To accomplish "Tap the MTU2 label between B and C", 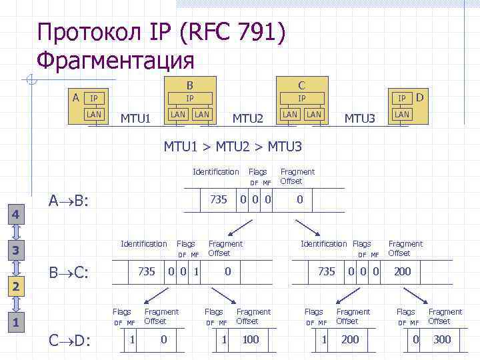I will (x=248, y=119).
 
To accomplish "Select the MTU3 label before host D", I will (x=360, y=119).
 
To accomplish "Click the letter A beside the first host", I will (x=76, y=97).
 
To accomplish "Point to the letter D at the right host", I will (x=420, y=97).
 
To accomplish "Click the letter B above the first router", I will (x=189, y=85).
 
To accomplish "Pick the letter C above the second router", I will (x=301, y=85).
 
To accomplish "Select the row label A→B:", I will (x=70, y=201).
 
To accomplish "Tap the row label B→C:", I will (x=70, y=273).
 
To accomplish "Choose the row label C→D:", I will (x=70, y=341).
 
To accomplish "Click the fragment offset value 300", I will (x=441, y=339).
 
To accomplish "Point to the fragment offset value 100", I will (x=250, y=339).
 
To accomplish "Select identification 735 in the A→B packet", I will (x=219, y=199).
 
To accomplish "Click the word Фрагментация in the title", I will (x=115, y=61).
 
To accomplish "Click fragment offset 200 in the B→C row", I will (x=402, y=271).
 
